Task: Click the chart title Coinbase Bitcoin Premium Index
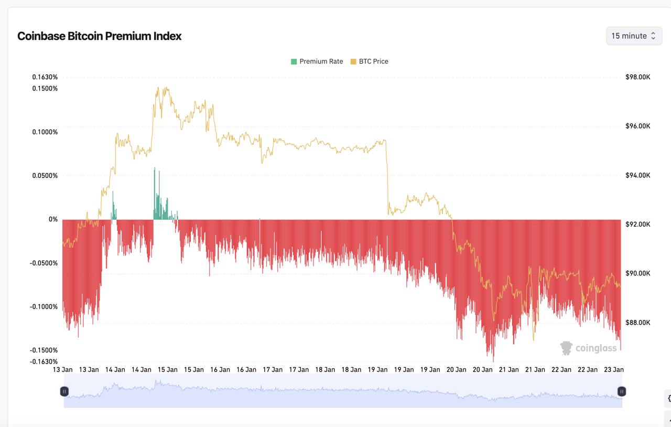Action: pos(100,36)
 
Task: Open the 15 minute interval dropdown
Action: pos(634,36)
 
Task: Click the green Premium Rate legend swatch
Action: pos(294,61)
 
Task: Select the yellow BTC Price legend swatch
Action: pos(353,61)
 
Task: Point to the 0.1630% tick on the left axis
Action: pos(45,77)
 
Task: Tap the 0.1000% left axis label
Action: pos(45,132)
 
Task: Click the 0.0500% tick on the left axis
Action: pos(45,175)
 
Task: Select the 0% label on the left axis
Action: pos(53,219)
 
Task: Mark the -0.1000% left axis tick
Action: pos(44,306)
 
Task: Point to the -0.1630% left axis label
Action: pos(44,361)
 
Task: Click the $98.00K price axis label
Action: pos(638,77)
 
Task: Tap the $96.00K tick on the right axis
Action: pos(638,126)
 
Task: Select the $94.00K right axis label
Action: pos(638,175)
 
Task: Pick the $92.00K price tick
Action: pos(638,224)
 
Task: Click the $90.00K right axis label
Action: pos(638,273)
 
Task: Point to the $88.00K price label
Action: pos(638,322)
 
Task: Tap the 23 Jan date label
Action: pos(614,369)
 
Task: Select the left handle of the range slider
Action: pos(64,391)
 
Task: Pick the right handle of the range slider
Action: pos(621,391)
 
